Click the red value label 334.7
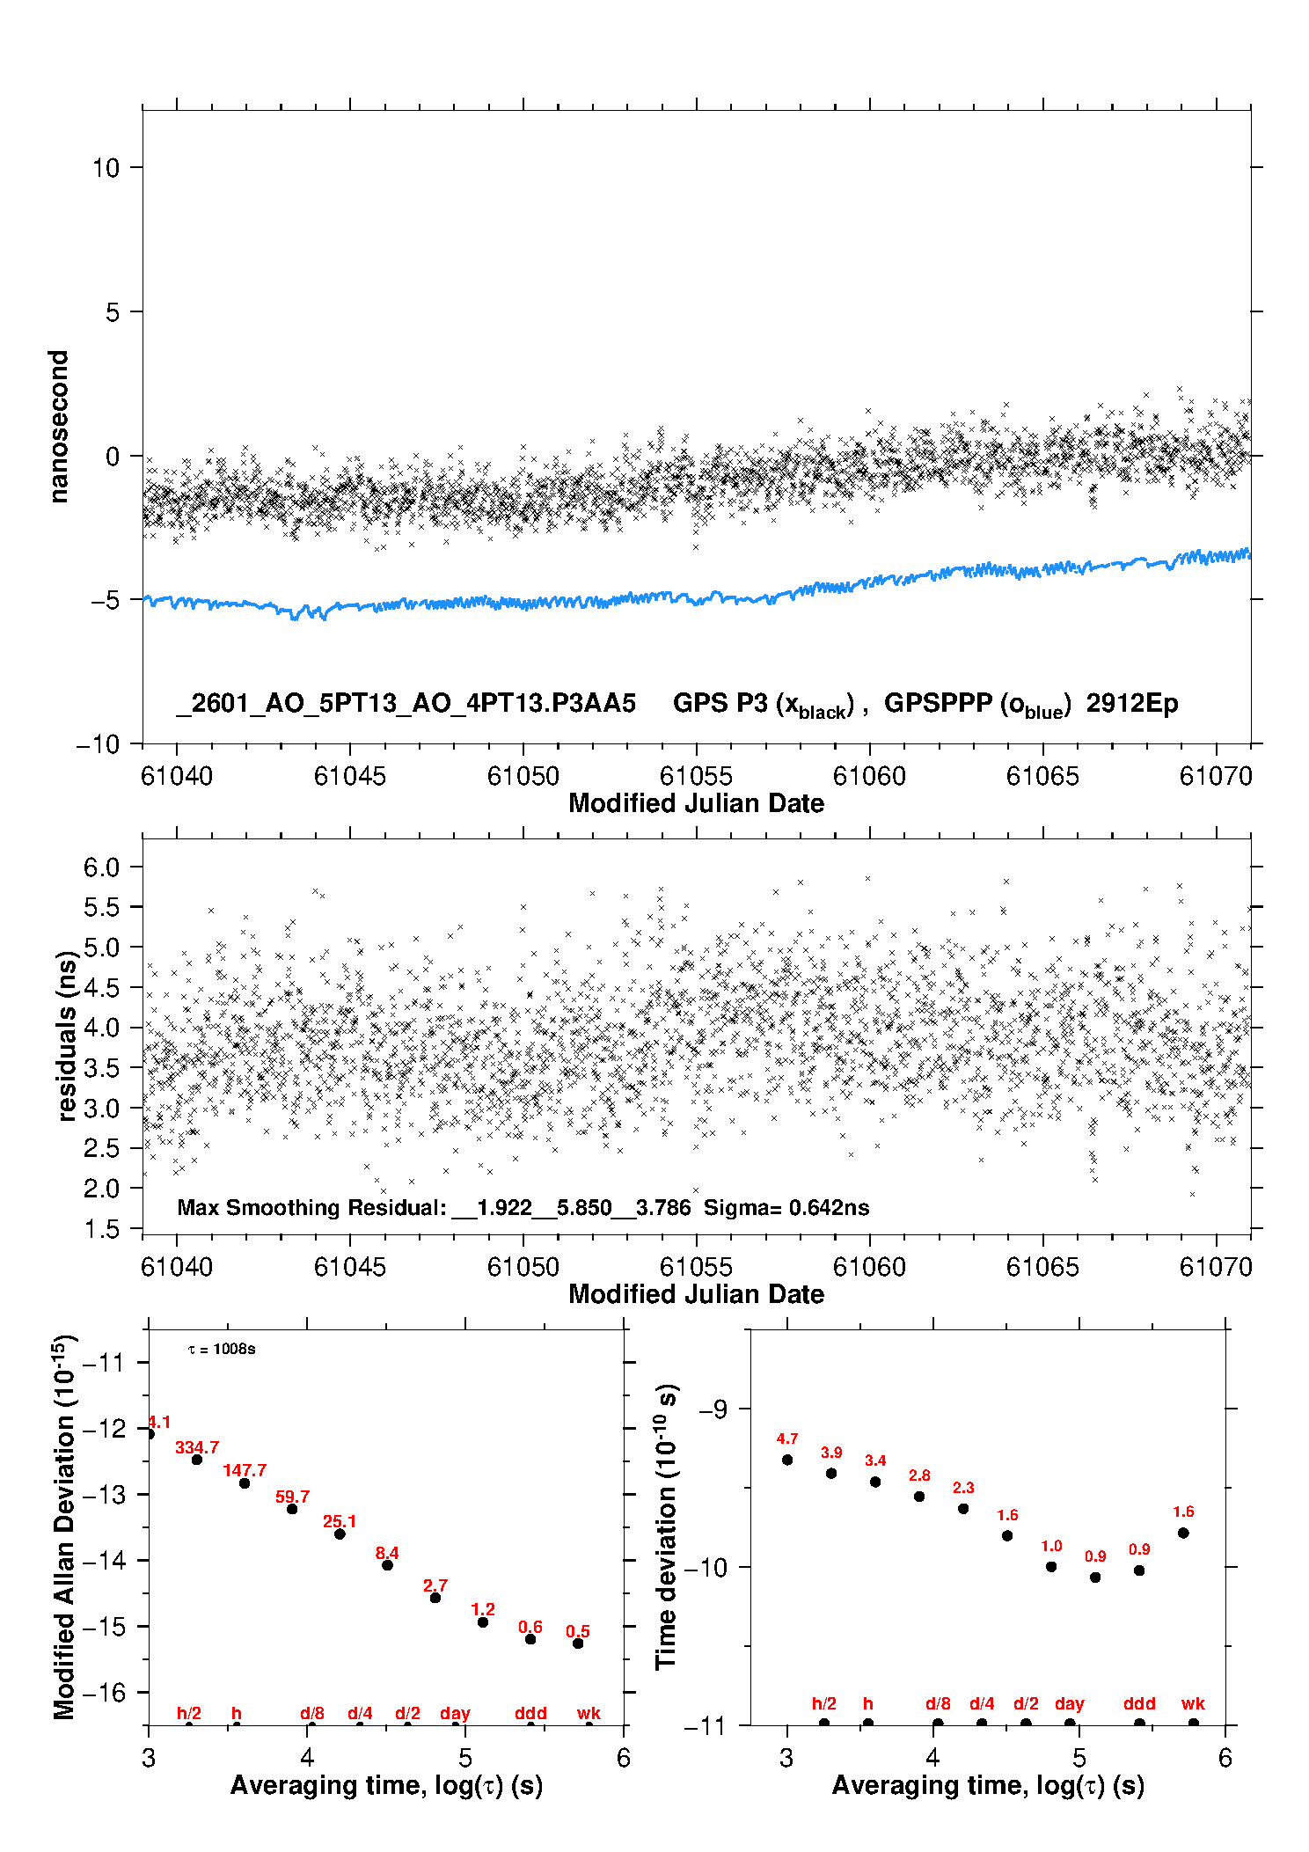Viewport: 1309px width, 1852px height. coord(197,1447)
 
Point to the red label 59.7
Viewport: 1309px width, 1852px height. coord(292,1497)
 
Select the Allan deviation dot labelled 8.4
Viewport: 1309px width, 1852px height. coord(387,1564)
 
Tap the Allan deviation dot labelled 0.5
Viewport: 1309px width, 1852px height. coord(578,1643)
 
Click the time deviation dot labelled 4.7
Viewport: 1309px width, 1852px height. coord(787,1460)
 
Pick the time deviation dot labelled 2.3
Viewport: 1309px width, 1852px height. coord(963,1508)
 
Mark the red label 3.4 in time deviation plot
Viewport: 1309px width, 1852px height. coord(875,1460)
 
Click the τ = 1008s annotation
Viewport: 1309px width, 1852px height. coord(222,1350)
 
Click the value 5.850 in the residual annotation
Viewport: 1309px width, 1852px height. coord(584,1207)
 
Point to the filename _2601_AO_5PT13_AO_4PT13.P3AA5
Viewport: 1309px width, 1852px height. coord(406,703)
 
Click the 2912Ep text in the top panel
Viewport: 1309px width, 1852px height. coord(1131,703)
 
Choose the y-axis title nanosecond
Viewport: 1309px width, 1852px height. coord(59,427)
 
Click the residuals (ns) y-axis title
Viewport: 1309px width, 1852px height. coord(67,1036)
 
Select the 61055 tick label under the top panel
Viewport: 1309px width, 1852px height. coord(696,776)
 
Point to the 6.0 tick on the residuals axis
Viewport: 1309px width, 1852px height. coord(101,867)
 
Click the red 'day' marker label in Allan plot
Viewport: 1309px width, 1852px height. coord(455,1713)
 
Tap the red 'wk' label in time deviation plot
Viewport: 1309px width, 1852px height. coord(1193,1703)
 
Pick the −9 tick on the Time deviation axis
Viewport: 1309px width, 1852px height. coord(713,1409)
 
